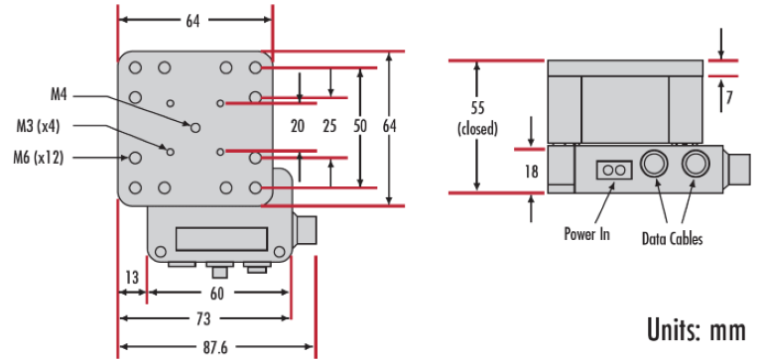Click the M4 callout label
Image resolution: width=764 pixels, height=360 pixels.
(59, 95)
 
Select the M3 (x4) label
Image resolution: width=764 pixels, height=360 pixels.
(38, 125)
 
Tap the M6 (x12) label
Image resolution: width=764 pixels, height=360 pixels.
(38, 156)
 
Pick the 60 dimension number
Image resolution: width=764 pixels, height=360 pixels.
(217, 294)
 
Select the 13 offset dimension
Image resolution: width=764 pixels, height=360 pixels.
(130, 277)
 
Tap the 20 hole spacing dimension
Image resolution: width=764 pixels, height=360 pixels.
(298, 126)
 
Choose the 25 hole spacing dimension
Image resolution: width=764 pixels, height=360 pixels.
(330, 126)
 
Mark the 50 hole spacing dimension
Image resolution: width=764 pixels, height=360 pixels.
(360, 126)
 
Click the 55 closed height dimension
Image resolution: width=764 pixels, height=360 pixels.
(478, 110)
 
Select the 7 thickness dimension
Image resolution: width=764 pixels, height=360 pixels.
(728, 97)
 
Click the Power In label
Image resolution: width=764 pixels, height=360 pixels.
(586, 235)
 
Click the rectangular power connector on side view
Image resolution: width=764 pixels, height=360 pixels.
(612, 171)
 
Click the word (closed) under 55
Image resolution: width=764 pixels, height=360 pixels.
(478, 129)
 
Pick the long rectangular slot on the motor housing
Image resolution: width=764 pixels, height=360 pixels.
(220, 238)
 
